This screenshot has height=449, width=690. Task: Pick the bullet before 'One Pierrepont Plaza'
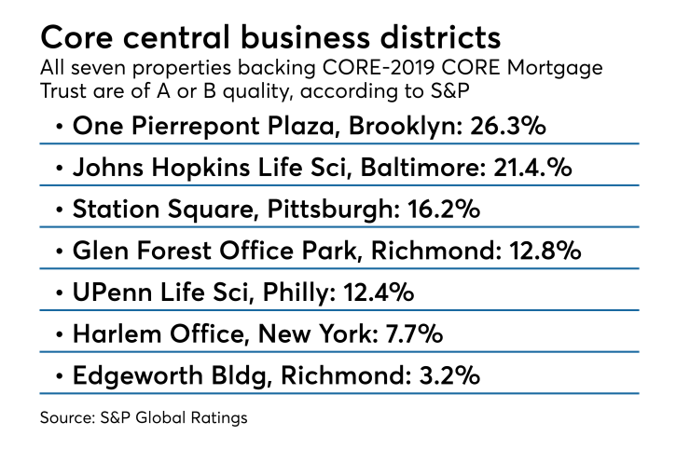pos(60,128)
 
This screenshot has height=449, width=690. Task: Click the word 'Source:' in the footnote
pos(67,418)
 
